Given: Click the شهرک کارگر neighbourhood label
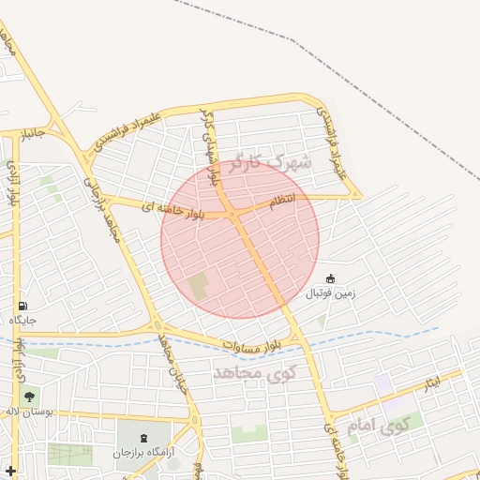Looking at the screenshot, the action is (266, 165).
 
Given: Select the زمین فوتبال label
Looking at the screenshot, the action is (330, 293).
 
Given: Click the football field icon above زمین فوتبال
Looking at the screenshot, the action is (330, 278).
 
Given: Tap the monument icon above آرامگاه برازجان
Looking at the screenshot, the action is (143, 438).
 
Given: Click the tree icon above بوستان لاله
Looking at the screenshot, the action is (29, 397).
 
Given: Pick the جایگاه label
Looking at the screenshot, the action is (22, 321).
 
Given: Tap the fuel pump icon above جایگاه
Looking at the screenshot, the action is (22, 306).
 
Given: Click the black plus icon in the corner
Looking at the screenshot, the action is (10, 470).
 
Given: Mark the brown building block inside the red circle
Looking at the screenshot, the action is (198, 285).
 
